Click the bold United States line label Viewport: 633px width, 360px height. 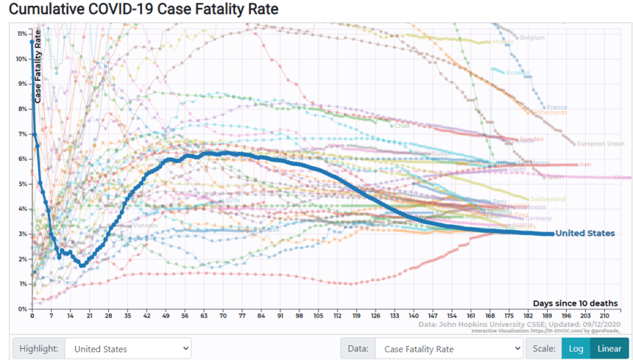(585, 233)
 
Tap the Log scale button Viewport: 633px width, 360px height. (575, 349)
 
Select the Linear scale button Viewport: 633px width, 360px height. (609, 349)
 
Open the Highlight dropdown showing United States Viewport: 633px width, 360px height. (128, 349)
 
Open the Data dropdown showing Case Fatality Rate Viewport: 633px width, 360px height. (448, 349)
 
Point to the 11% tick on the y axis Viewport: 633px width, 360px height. (23, 34)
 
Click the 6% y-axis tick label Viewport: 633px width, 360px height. (23, 159)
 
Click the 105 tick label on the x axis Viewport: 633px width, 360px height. (318, 316)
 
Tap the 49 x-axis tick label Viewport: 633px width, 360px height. (166, 316)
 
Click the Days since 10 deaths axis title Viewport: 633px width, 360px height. (575, 303)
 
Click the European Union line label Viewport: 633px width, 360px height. (600, 144)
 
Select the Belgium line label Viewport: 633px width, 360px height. (532, 37)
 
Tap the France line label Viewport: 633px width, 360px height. (557, 108)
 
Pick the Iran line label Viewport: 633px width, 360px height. (584, 165)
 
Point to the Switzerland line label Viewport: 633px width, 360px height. (547, 200)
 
